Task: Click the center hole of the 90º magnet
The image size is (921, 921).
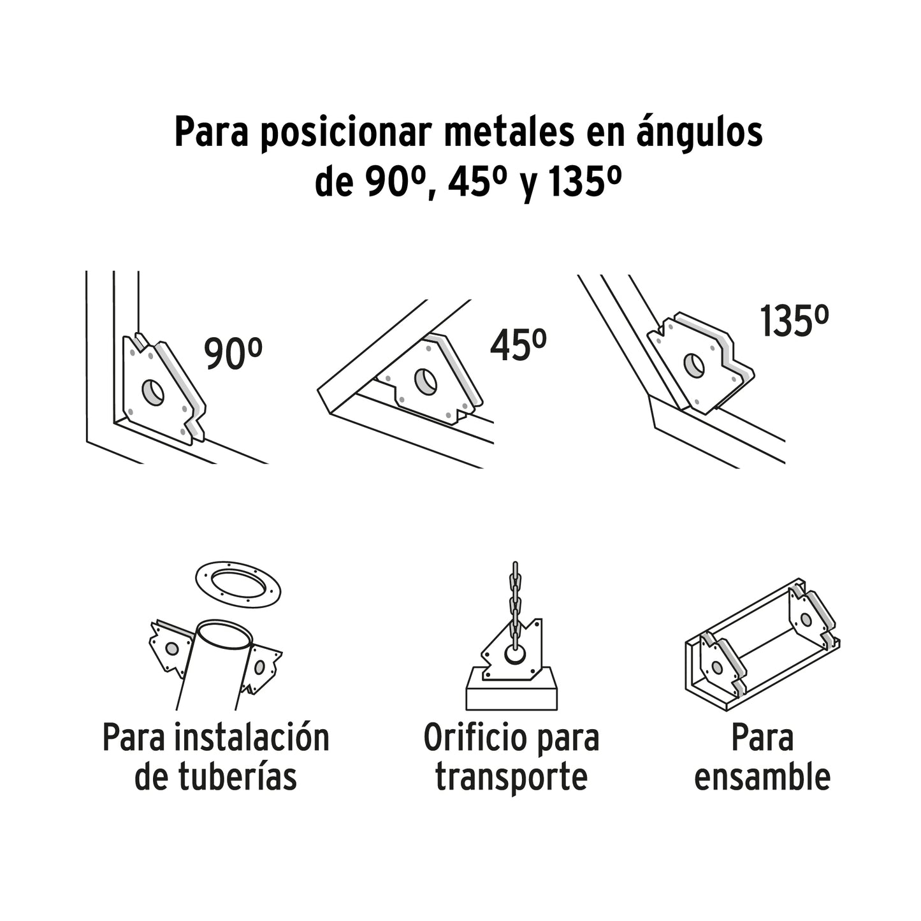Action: click(x=153, y=391)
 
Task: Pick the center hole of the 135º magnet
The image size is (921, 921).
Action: click(x=695, y=366)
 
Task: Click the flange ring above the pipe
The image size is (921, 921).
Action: click(x=238, y=584)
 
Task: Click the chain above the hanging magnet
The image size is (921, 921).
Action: click(x=515, y=605)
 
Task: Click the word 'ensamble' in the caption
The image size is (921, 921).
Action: click(x=762, y=777)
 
